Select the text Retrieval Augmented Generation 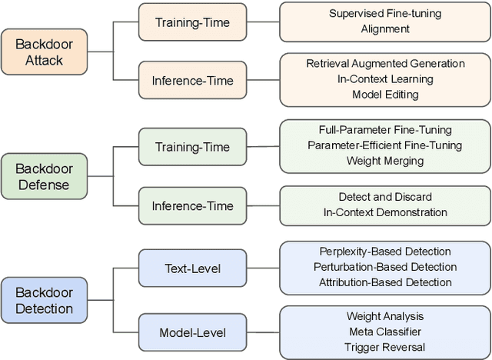385,64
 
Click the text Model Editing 385,95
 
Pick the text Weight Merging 385,161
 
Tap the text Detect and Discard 385,197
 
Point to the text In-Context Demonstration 385,212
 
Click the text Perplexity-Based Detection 385,252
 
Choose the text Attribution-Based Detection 385,282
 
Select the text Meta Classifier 385,331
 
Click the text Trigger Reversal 385,346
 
